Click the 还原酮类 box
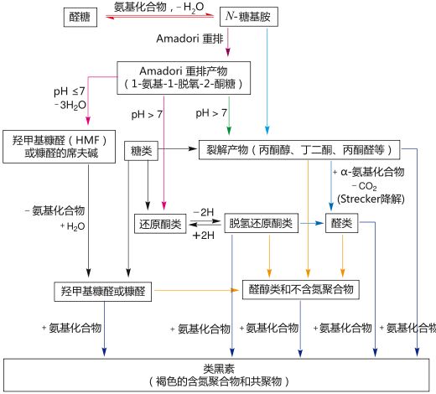coord(160,224)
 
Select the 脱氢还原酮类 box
coord(262,224)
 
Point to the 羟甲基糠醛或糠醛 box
coord(101,290)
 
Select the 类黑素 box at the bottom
coord(221,374)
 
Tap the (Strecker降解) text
coord(366,198)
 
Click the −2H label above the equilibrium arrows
coord(202,214)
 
